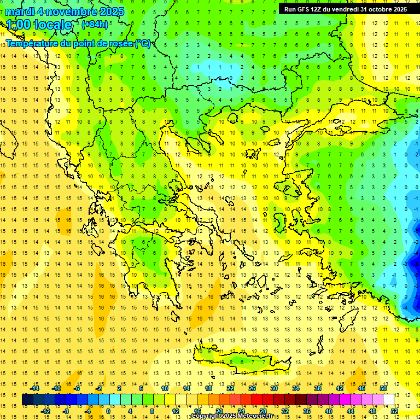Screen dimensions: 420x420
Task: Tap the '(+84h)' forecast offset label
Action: (94, 24)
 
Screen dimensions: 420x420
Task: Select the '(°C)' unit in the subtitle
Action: (142, 43)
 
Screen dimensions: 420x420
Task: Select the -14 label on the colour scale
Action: (34, 388)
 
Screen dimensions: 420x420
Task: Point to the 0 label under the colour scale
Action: (108, 411)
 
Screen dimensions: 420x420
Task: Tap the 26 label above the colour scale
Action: (252, 388)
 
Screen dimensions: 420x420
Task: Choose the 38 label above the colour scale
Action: (317, 388)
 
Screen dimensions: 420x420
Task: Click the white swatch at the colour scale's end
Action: (389, 399)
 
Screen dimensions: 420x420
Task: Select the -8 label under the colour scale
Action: (66, 411)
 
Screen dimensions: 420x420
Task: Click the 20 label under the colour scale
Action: (219, 411)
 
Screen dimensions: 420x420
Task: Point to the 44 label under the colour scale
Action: (350, 411)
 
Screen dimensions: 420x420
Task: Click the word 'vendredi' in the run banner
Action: (342, 9)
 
